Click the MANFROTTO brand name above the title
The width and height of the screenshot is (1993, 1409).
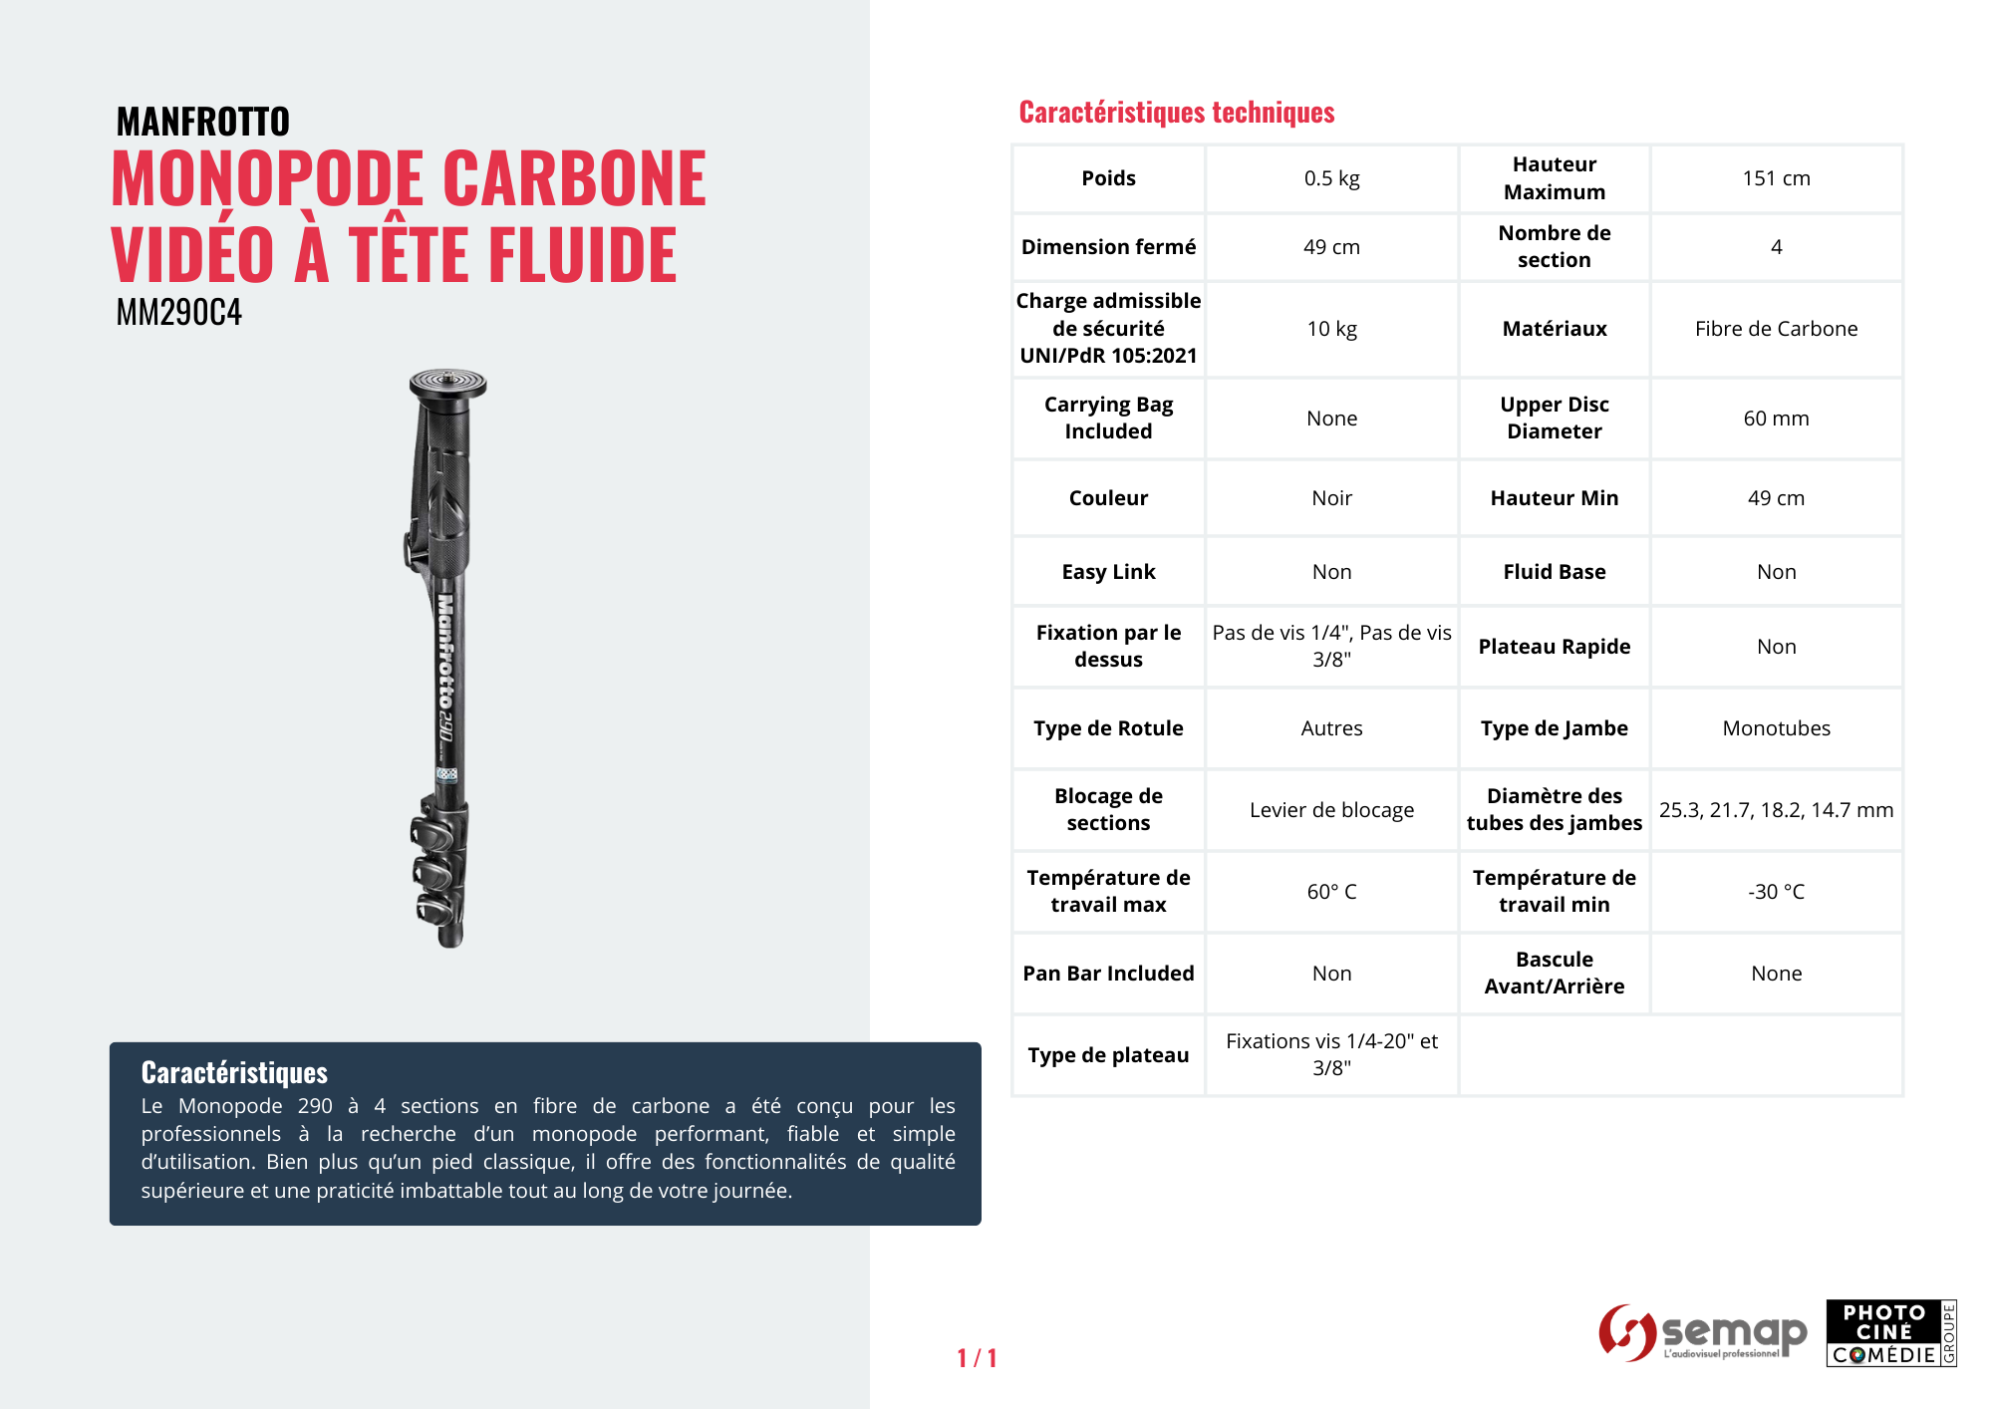tap(202, 122)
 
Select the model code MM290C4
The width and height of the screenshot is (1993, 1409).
tap(179, 313)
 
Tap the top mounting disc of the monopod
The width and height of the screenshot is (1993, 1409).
tap(447, 383)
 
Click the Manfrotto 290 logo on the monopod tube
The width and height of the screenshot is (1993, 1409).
tap(445, 668)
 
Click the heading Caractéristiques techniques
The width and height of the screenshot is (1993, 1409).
tap(1176, 113)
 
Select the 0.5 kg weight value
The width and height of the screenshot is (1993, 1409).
tap(1331, 178)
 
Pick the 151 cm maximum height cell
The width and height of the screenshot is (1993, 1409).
tap(1776, 178)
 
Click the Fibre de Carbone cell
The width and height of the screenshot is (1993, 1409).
tap(1776, 329)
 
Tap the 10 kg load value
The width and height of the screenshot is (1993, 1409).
tap(1331, 329)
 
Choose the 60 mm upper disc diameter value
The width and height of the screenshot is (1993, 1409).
tap(1776, 419)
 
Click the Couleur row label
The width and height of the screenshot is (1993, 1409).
tap(1108, 498)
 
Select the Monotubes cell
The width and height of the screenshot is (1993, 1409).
tap(1776, 728)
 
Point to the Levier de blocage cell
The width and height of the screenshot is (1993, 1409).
tap(1331, 810)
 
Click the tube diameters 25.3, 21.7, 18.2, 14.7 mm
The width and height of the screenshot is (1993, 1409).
tap(1776, 810)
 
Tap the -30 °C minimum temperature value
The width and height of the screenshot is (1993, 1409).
tap(1776, 892)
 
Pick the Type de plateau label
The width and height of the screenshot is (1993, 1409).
tap(1108, 1055)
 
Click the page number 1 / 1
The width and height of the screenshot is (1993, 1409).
tap(977, 1358)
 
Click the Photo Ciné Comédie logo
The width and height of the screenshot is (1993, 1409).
tap(1890, 1333)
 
